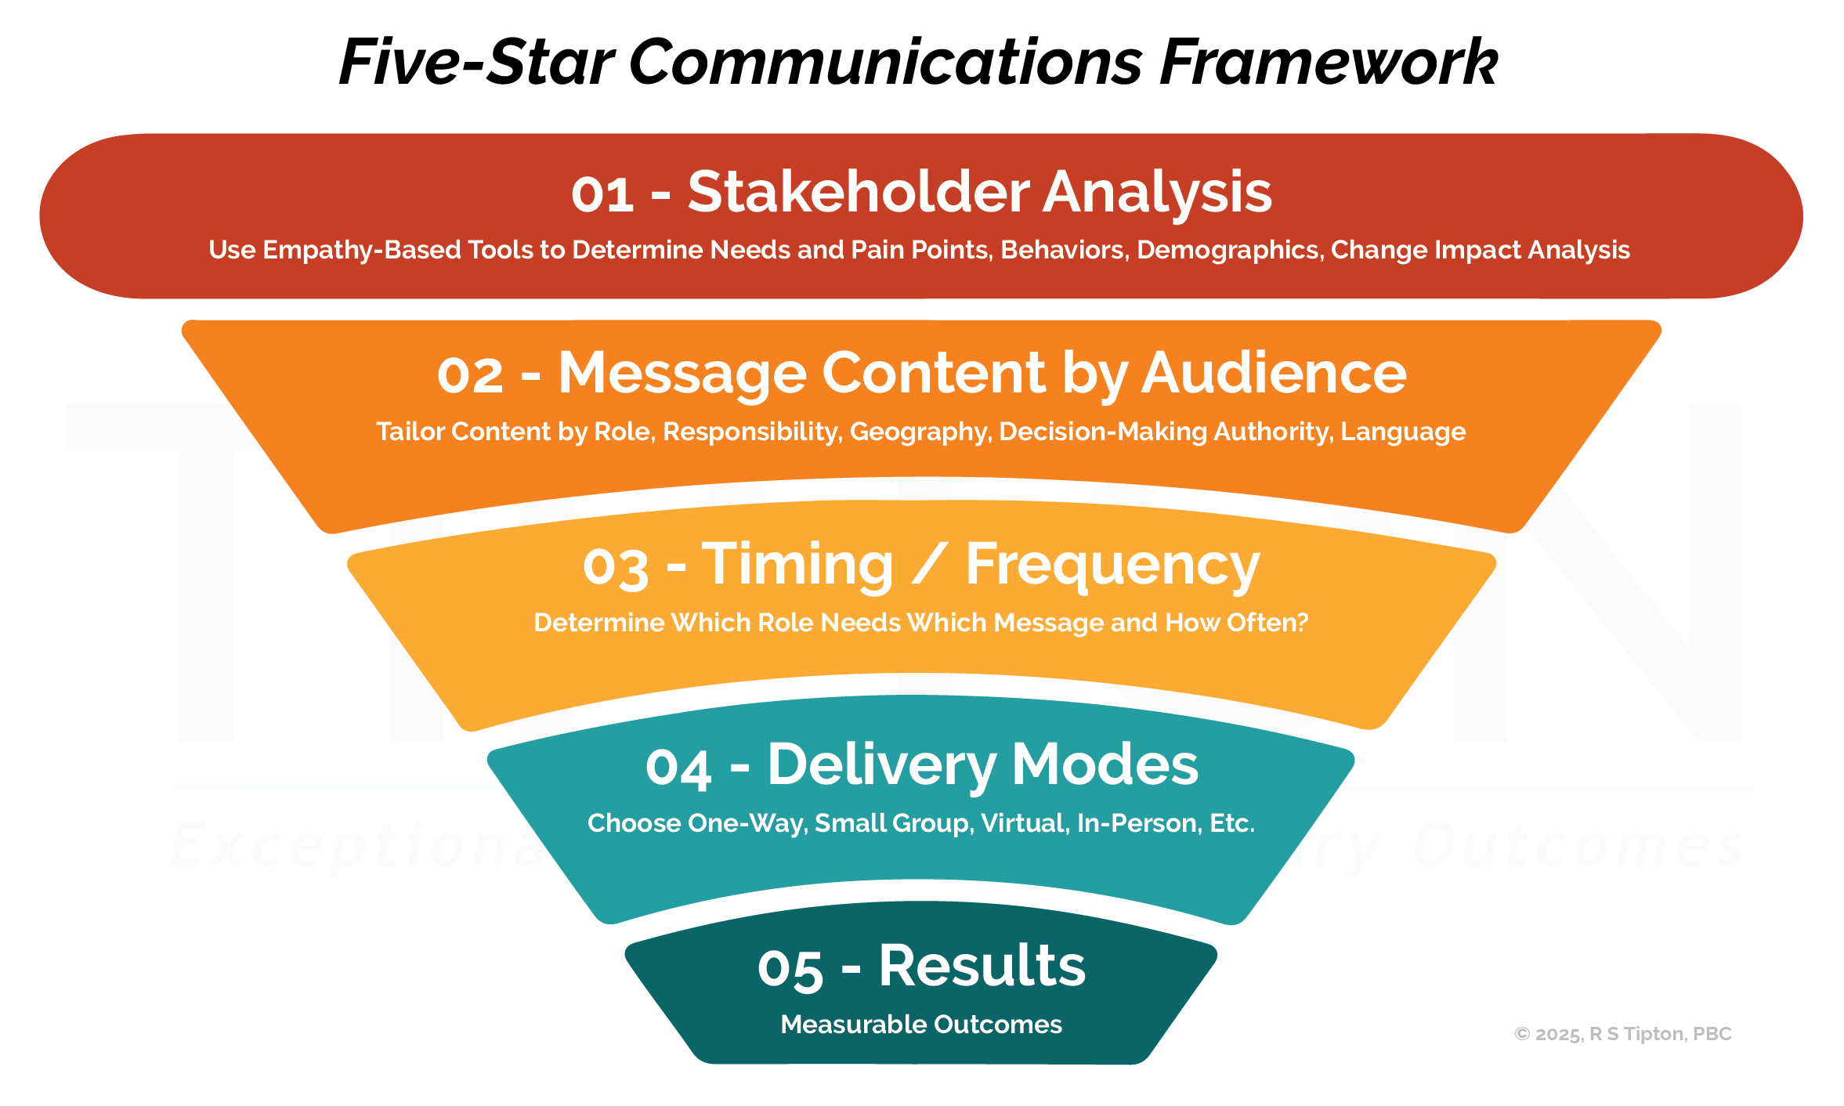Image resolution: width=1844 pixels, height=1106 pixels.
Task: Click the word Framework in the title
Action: coord(1329,63)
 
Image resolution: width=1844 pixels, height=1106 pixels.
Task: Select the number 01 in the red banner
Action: coord(602,194)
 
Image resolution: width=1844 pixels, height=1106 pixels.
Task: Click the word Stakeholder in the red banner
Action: coord(859,192)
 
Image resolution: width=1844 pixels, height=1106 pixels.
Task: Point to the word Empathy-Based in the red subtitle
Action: coord(361,251)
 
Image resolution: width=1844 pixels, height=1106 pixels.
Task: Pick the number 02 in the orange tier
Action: coord(470,375)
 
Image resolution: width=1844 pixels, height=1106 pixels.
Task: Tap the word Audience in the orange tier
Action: coord(1274,373)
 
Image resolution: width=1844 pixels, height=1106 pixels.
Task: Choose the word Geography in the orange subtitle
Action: coord(920,432)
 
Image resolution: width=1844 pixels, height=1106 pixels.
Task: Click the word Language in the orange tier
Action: coord(1403,432)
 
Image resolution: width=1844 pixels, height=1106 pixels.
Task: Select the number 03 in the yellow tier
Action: coord(616,567)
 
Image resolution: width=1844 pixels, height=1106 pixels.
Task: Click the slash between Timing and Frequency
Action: coord(929,566)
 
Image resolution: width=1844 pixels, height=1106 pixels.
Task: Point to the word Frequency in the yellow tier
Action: coord(1112,566)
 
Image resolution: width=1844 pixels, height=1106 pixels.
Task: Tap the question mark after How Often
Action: coord(1302,623)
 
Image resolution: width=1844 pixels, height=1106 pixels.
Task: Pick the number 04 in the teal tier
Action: coord(678,768)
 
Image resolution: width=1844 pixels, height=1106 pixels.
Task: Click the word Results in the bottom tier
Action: coord(982,966)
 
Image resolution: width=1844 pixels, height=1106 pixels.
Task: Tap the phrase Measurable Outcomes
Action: coord(921,1025)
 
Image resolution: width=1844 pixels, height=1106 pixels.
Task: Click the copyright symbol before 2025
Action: coord(1522,1035)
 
